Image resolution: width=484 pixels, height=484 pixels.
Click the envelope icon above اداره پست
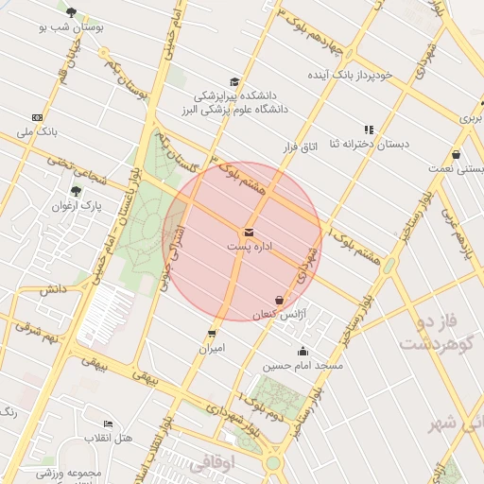click(x=249, y=232)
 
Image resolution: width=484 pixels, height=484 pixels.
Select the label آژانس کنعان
click(x=274, y=313)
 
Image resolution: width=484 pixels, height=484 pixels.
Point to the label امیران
click(x=211, y=348)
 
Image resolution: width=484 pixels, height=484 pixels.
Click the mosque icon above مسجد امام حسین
click(x=302, y=352)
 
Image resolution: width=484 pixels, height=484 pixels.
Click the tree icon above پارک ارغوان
click(x=76, y=191)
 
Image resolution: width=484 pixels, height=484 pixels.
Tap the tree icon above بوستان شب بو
click(x=72, y=12)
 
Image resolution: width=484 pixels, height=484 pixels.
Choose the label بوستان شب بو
click(x=72, y=27)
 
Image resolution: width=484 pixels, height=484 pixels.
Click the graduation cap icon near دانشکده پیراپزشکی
click(x=234, y=81)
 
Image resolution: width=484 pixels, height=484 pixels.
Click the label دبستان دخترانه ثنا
click(x=368, y=144)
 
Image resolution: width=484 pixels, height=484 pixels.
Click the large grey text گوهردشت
click(x=434, y=344)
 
